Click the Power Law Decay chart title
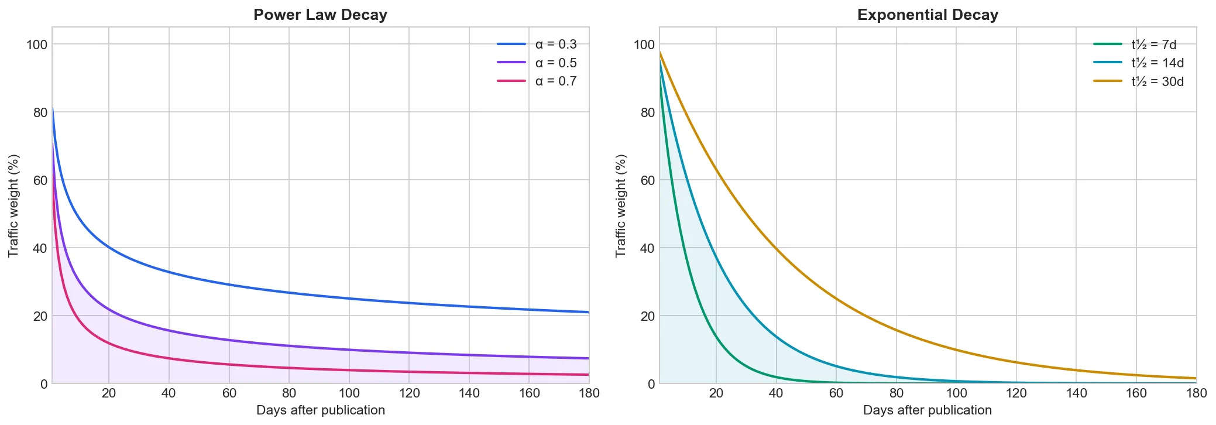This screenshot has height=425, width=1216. [x=320, y=15]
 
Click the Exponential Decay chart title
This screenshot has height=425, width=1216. [x=928, y=15]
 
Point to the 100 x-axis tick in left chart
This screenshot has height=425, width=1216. [x=349, y=393]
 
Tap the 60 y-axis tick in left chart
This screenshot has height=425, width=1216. [x=40, y=180]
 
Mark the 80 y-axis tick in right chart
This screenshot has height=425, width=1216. [x=647, y=112]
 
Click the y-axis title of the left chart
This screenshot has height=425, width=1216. [x=13, y=205]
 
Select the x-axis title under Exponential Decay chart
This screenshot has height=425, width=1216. [x=928, y=410]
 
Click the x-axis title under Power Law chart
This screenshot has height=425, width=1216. [x=320, y=410]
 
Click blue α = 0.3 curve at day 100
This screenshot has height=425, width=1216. [x=349, y=299]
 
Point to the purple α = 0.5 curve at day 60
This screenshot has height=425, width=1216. [x=229, y=340]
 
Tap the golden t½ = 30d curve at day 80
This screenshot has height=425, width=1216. [x=896, y=330]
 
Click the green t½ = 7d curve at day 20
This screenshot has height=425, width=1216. [x=716, y=337]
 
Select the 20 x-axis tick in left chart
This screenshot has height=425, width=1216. [x=109, y=393]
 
